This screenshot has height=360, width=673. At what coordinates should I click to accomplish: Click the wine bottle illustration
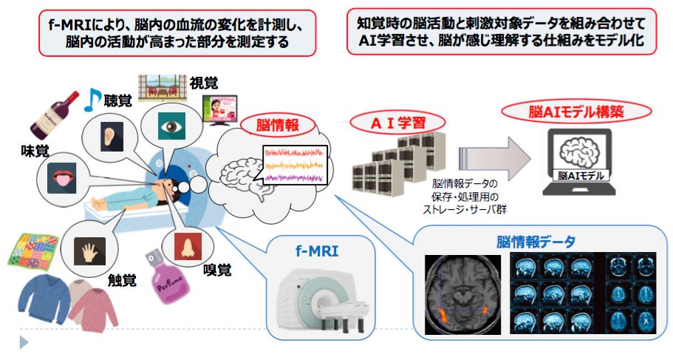tap(55, 115)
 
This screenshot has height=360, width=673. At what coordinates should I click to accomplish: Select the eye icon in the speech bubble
tap(171, 126)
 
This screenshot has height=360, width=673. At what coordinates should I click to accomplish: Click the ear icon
tap(112, 137)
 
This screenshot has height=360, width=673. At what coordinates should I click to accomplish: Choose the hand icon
tap(89, 251)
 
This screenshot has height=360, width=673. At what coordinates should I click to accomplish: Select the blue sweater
tap(44, 300)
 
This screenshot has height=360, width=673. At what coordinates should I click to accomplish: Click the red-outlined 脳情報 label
tap(277, 125)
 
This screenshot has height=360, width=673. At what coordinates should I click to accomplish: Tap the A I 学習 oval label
tap(397, 123)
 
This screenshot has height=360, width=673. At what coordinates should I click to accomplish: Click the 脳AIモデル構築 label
tap(576, 112)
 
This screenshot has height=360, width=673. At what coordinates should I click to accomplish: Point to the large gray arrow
tap(495, 159)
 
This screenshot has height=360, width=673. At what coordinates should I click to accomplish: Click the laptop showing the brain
tap(580, 163)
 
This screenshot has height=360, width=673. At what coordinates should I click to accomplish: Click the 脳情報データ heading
tap(536, 242)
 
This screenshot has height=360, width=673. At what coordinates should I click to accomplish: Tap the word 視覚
tap(204, 83)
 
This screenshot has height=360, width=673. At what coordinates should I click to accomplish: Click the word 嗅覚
tap(218, 270)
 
